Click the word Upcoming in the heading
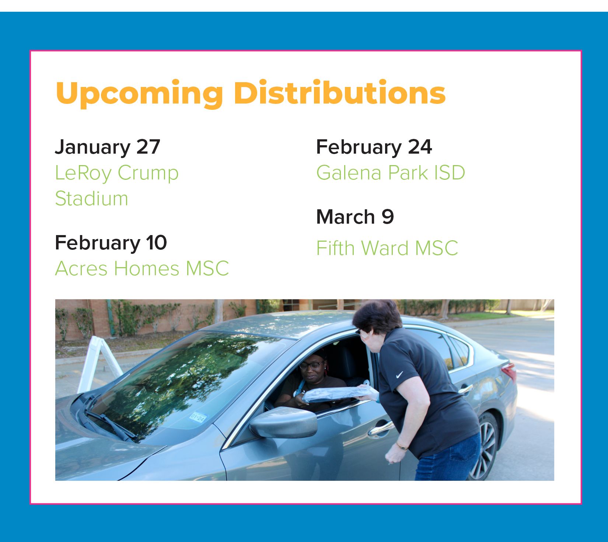(139, 94)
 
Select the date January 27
(107, 147)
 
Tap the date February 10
(111, 243)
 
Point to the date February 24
(374, 147)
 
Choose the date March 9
(355, 217)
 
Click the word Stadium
(91, 199)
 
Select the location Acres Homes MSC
(142, 268)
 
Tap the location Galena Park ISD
(391, 172)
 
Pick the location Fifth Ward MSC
(387, 248)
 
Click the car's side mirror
(284, 423)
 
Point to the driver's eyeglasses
(311, 365)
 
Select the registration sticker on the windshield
(198, 417)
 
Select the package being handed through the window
(339, 394)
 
